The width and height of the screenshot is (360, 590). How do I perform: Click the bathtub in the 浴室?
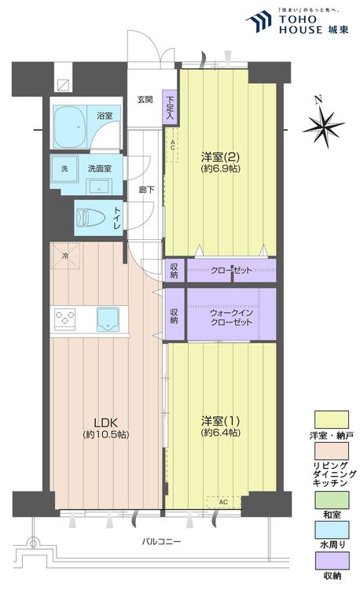70,127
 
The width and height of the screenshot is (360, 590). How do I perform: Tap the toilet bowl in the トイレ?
90,218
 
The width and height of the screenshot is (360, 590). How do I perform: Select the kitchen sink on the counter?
108,319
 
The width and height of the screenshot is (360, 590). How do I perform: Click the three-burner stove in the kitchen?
64,319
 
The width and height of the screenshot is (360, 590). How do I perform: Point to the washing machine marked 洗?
64,168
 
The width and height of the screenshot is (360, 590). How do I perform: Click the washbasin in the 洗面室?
99,186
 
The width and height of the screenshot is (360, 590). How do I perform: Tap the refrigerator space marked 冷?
65,256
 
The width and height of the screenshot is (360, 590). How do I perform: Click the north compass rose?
324,125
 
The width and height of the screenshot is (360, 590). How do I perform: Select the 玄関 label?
145,100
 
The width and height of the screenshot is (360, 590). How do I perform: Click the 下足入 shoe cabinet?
170,108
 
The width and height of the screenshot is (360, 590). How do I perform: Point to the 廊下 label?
146,190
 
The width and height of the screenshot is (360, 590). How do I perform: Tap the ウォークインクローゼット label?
231,318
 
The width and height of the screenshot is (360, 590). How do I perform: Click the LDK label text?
106,422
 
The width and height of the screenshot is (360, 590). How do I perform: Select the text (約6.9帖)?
221,168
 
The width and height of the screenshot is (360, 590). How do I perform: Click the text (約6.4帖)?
221,433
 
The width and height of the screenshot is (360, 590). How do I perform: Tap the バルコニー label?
161,541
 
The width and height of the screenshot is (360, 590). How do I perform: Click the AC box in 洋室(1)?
223,502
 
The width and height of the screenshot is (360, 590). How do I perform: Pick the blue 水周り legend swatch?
332,530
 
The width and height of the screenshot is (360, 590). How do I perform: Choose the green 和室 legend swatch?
332,500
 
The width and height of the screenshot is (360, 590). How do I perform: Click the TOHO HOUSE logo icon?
259,21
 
